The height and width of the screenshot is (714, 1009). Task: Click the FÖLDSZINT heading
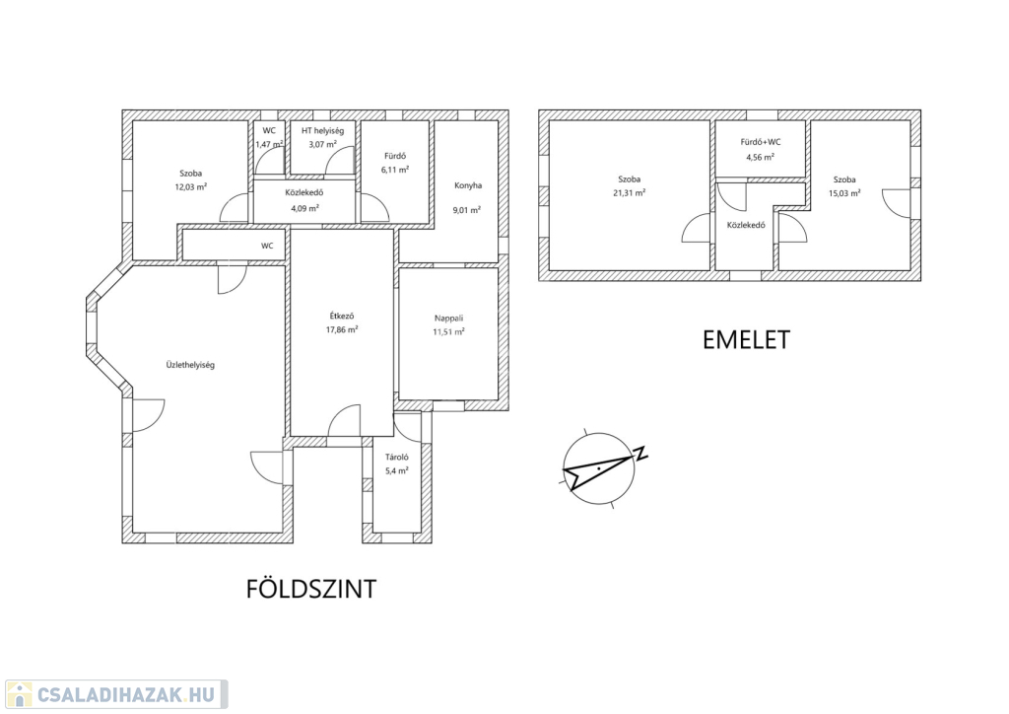310,589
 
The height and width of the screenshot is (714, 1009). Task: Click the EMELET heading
746,340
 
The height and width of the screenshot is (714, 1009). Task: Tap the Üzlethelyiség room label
190,365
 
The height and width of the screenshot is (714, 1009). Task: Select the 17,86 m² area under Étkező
342,329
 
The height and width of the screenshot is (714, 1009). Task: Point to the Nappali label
448,319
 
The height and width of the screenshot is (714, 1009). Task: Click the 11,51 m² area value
448,332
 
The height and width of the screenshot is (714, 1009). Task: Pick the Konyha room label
468,185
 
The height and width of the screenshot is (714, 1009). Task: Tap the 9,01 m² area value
467,210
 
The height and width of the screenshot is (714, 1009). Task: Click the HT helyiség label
323,131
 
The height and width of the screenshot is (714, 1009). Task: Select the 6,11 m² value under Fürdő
395,170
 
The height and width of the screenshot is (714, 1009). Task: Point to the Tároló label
397,458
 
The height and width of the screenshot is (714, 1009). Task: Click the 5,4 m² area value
397,470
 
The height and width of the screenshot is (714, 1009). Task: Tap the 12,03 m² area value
190,187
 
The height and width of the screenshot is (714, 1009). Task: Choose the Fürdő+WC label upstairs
761,142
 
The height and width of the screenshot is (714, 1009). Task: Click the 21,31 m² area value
630,192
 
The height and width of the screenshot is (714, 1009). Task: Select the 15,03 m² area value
844,193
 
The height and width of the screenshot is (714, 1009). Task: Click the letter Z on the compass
640,454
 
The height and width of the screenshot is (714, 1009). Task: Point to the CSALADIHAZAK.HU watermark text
126,695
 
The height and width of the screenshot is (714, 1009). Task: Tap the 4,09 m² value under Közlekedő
304,209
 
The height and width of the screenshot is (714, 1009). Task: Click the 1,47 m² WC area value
269,144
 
